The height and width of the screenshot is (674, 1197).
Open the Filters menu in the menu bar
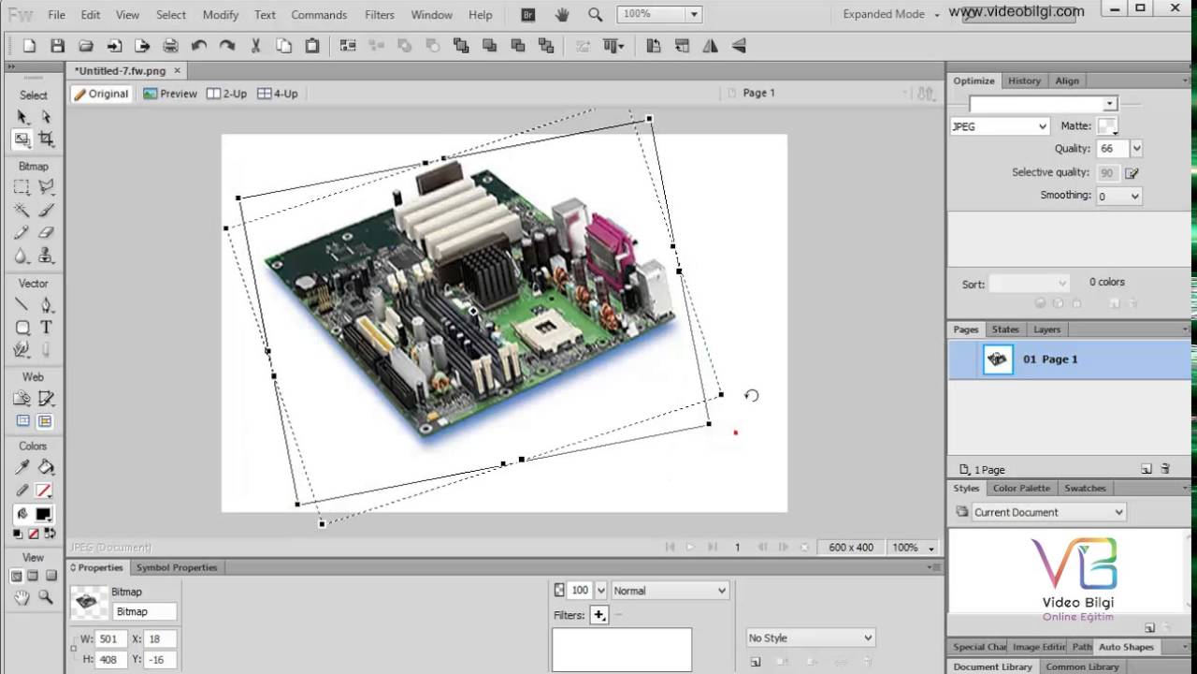[379, 15]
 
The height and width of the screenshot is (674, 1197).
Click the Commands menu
[319, 15]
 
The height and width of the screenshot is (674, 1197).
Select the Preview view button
[170, 94]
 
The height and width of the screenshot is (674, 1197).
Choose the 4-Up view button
[278, 94]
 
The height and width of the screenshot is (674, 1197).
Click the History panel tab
[1024, 81]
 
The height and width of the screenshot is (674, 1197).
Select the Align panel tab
[1067, 81]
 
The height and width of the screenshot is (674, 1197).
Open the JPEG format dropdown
[1000, 126]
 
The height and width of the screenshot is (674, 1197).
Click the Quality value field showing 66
[1112, 149]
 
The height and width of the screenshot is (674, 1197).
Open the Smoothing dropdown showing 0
[1119, 197]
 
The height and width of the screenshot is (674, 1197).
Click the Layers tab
[1046, 330]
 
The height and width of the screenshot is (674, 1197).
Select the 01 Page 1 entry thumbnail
[998, 359]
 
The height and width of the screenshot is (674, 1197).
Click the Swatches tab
[1085, 488]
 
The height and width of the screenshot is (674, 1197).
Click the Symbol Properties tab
[177, 567]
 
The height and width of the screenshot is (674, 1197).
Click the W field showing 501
[110, 639]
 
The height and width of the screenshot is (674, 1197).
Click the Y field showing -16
[160, 658]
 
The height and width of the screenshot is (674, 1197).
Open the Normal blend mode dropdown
[670, 591]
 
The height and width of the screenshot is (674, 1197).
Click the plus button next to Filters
[598, 615]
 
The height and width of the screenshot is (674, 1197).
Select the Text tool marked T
[46, 328]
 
